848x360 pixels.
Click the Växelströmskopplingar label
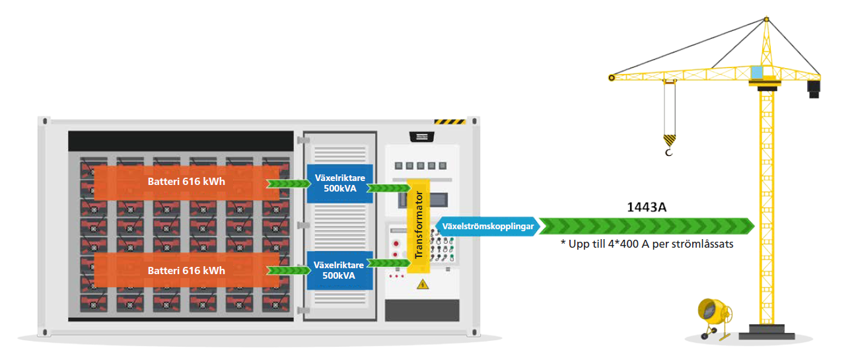pos(488,226)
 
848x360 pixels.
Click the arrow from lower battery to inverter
pos(285,270)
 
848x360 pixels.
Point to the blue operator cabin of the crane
pos(758,71)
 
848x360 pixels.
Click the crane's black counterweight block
pos(814,87)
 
